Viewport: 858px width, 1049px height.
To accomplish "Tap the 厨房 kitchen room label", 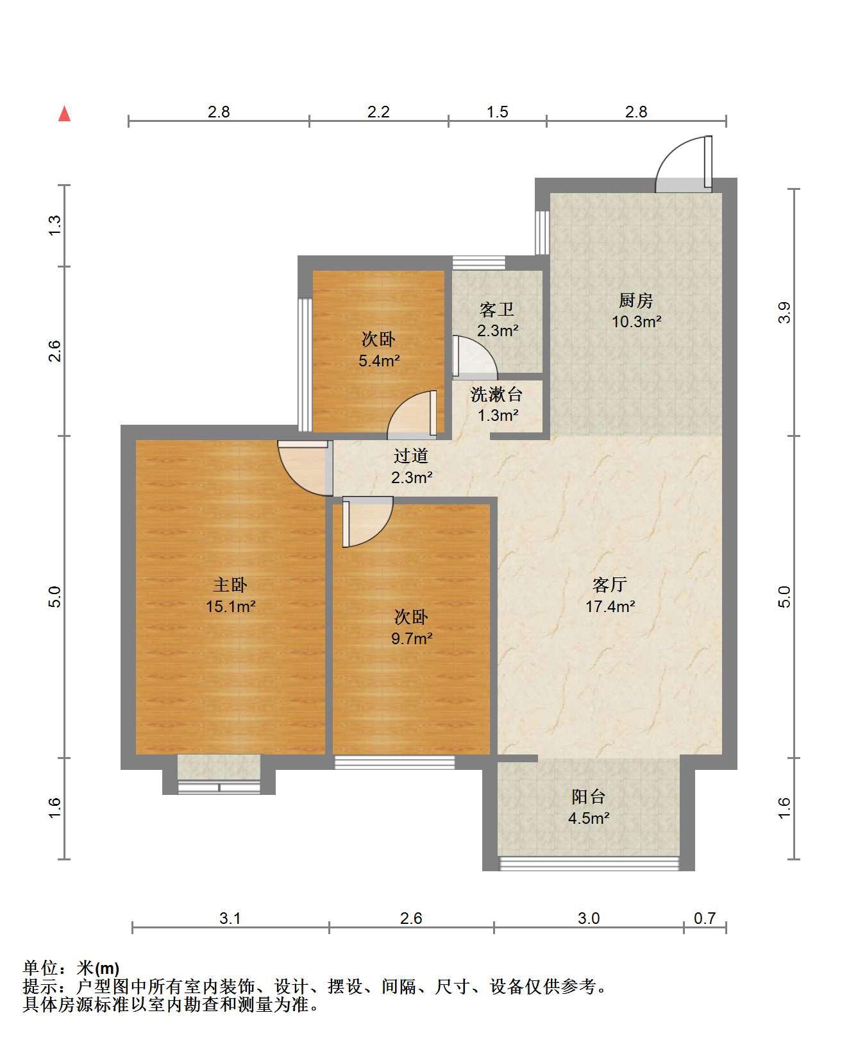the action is pos(635,300).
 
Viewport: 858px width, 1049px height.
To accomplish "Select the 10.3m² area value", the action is pos(636,321).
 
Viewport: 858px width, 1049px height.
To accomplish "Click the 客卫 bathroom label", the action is pos(497,310).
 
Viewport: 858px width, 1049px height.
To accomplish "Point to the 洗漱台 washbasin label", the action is pos(496,394).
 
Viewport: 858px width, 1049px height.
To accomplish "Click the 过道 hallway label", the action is pos(410,456).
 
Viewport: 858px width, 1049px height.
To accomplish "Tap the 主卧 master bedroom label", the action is pos(230,584).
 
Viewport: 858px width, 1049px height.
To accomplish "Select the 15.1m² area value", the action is pos(231,606).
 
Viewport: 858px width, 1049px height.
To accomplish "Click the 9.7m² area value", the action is pos(412,638).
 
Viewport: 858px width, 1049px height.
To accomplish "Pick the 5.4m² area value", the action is pos(379,361).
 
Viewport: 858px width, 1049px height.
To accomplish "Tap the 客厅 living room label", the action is pos(610,584).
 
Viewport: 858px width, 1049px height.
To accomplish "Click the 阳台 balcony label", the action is pos(589,797).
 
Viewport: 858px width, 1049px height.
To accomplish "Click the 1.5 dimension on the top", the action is pos(497,112).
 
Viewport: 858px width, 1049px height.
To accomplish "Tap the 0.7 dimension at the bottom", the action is pos(705,918).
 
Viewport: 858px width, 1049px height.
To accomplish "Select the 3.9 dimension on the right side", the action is pos(785,312).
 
